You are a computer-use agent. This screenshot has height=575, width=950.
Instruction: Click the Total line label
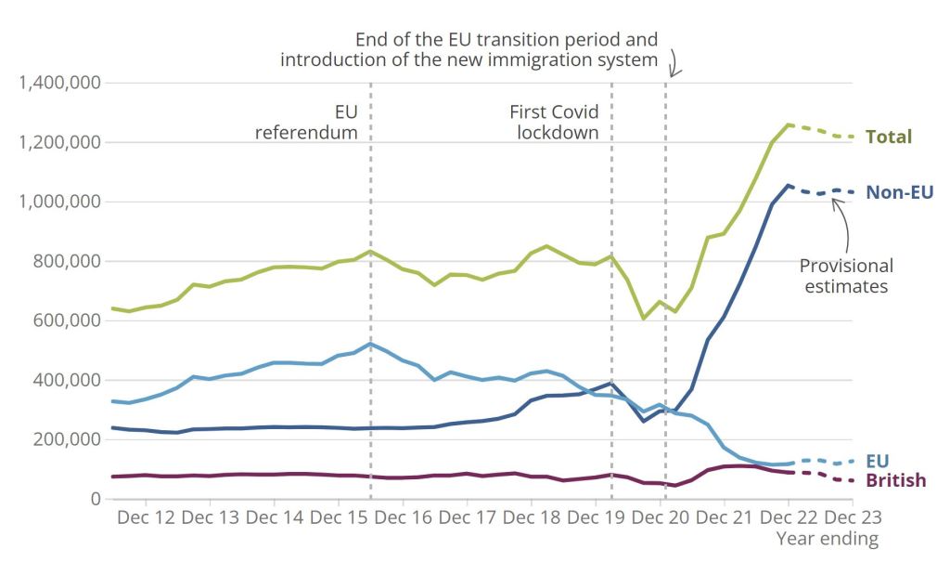[x=888, y=137]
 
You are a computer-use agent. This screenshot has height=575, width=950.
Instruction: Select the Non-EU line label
[x=898, y=192]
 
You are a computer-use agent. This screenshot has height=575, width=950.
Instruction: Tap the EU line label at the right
[x=878, y=460]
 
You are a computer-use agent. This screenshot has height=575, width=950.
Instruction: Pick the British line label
[x=895, y=480]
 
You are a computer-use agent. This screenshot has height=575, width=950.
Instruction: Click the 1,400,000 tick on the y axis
[x=59, y=83]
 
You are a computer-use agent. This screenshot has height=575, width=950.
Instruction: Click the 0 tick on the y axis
[x=95, y=499]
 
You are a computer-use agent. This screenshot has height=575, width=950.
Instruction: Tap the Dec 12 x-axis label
[x=146, y=517]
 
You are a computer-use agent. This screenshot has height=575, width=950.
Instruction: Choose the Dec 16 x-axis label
[x=403, y=517]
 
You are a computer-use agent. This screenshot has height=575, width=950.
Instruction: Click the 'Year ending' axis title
[x=827, y=539]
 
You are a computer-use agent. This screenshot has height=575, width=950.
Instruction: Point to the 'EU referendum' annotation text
[x=306, y=122]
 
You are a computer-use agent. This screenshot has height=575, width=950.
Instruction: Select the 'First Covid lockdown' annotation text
[x=554, y=122]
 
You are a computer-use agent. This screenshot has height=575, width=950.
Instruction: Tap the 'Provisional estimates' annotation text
[x=845, y=276]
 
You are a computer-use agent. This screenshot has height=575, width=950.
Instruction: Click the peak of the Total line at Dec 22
[x=788, y=124]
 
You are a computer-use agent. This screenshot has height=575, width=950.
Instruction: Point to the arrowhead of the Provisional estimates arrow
[x=834, y=199]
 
